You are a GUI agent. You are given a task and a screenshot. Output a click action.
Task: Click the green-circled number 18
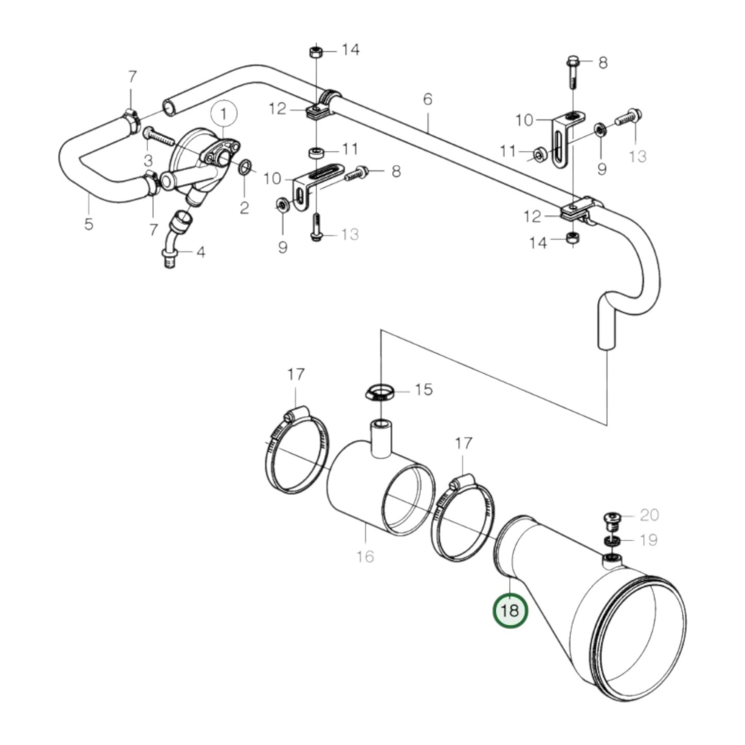510,611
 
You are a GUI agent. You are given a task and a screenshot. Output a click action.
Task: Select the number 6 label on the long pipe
427,99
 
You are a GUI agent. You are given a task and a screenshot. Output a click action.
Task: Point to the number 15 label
423,390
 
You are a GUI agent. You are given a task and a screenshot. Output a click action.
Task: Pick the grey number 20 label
649,515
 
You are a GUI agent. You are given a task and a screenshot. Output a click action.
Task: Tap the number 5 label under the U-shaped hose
89,224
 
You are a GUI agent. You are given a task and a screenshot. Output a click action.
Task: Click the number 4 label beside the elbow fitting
200,253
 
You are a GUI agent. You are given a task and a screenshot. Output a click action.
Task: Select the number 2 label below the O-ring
244,208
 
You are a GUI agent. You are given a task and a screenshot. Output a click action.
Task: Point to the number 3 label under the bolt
148,159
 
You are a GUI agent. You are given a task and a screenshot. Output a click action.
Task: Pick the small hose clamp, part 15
379,393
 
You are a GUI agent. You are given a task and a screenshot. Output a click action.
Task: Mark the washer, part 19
612,541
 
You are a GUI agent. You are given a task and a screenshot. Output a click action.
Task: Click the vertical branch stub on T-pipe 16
380,437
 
